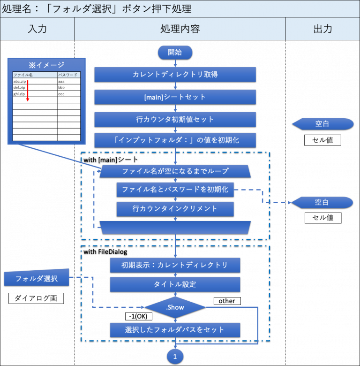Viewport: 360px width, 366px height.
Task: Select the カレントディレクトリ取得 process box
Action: tap(175, 75)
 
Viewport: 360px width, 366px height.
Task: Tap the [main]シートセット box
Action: tap(175, 97)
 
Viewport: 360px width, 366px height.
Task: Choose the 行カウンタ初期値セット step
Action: tap(175, 119)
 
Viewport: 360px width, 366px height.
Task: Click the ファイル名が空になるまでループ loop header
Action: tap(175, 171)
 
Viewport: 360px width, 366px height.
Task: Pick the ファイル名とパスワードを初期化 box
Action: tap(175, 190)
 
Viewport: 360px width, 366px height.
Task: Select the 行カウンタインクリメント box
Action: tap(175, 209)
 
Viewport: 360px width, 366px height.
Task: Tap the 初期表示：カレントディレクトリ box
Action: tap(175, 265)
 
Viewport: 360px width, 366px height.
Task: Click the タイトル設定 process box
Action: tap(175, 284)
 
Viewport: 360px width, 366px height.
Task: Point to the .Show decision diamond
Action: tap(175, 307)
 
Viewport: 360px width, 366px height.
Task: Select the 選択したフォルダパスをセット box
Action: tap(175, 329)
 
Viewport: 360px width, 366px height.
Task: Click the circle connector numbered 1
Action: tap(175, 357)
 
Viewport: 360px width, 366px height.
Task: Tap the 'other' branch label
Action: tap(227, 301)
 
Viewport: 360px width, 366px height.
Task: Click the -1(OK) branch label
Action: tap(139, 316)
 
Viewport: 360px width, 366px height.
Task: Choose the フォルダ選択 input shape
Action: tap(37, 278)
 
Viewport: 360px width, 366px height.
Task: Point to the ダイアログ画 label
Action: tap(36, 298)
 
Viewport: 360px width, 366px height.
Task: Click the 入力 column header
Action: tap(37, 29)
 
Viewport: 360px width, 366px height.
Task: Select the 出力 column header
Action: tap(322, 29)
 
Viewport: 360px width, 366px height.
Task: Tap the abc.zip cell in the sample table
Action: tap(20, 81)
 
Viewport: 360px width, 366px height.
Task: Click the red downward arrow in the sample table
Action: tap(27, 91)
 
